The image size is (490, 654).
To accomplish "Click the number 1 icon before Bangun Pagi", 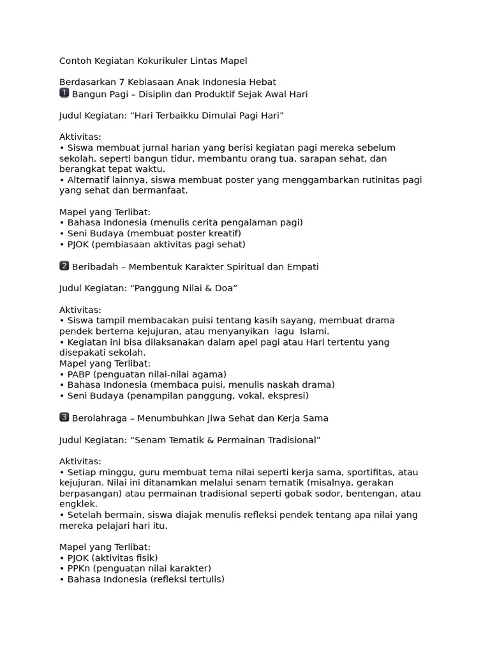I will click(64, 93).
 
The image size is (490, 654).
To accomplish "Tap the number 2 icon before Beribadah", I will click(64, 266).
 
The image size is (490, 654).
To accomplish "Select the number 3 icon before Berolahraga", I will click(64, 418).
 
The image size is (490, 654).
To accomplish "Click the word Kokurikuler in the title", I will click(145, 61).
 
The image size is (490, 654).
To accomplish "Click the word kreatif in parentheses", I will click(223, 233).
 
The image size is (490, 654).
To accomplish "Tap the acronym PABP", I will click(80, 374).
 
